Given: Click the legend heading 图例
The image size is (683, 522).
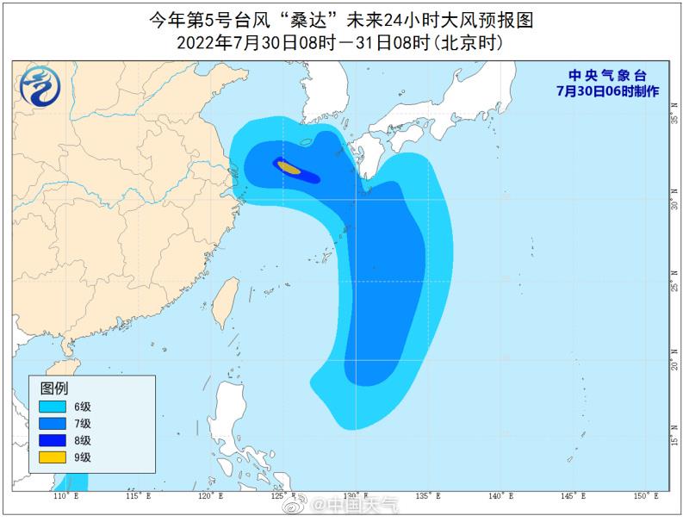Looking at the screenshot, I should (x=54, y=388).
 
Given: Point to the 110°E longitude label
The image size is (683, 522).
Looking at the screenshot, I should (x=65, y=497).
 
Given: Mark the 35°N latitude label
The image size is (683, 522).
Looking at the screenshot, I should (x=673, y=121).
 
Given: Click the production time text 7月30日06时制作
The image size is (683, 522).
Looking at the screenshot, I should (x=608, y=90).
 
